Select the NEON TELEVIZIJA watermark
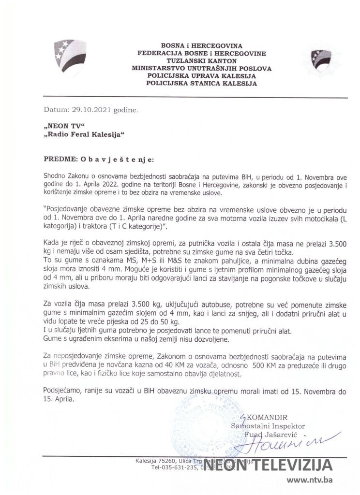click(267, 466)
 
